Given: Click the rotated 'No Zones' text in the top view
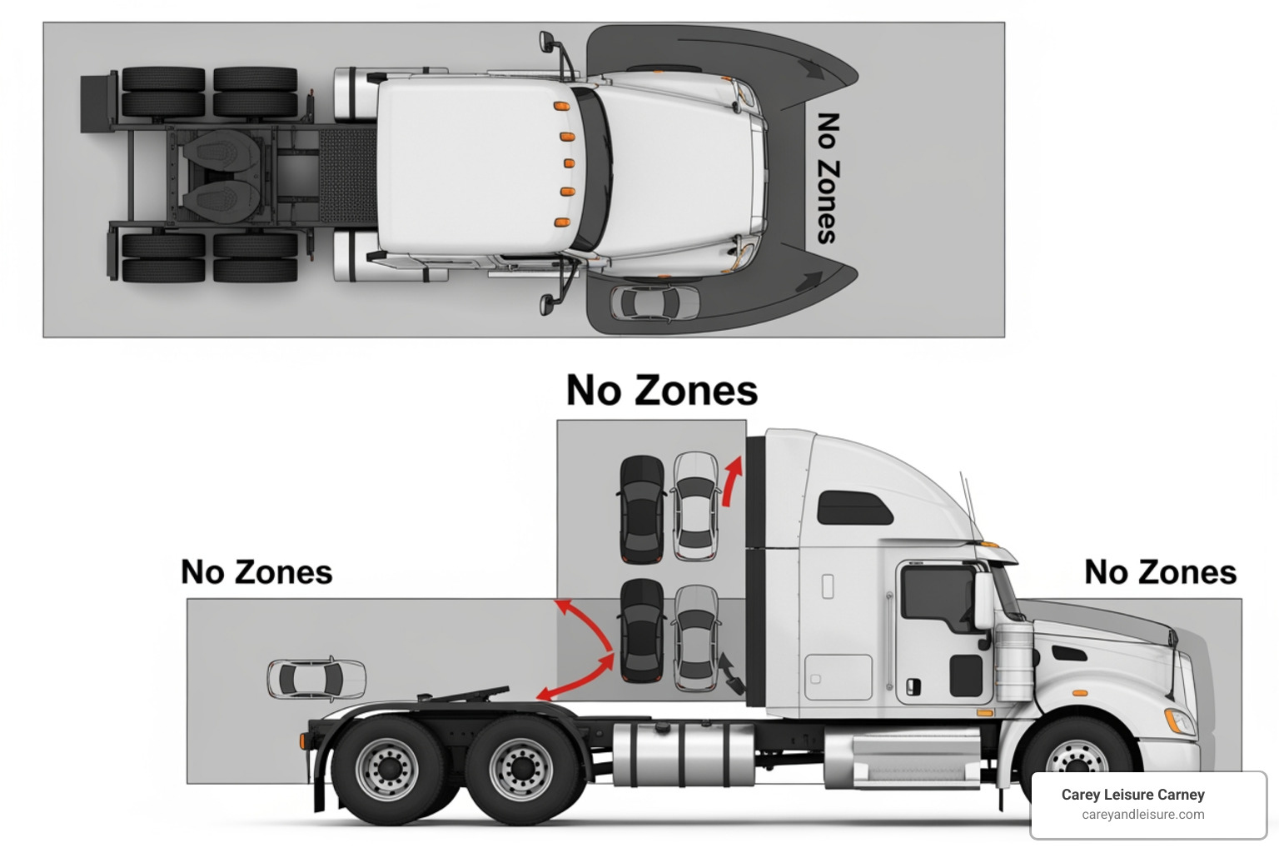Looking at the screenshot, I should (827, 178).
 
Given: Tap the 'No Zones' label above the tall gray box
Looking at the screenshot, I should (662, 390).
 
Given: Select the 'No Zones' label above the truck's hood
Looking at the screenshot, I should (1160, 572).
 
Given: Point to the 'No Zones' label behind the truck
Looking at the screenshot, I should (256, 572).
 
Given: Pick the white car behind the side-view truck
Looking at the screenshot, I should (316, 678).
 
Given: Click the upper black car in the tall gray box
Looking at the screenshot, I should (642, 507).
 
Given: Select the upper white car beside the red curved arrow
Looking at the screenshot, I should (695, 506).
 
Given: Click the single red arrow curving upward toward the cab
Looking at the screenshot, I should (730, 481).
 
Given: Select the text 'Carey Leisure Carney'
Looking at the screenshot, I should (1132, 795).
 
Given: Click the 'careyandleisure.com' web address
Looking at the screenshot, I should (1142, 815).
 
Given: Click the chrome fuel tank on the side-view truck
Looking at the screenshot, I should (682, 754).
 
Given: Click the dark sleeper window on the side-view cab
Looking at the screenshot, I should (853, 507).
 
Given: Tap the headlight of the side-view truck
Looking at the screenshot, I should (1182, 722).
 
